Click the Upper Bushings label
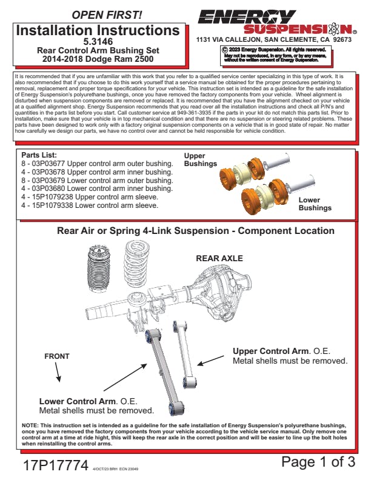coord(200,160)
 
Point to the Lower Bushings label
coord(315,204)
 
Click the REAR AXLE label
coord(219,258)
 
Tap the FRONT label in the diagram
coord(56,356)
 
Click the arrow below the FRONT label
coord(58,374)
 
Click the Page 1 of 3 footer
coord(318,462)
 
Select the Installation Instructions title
coord(97,30)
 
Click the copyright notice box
coord(275,55)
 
